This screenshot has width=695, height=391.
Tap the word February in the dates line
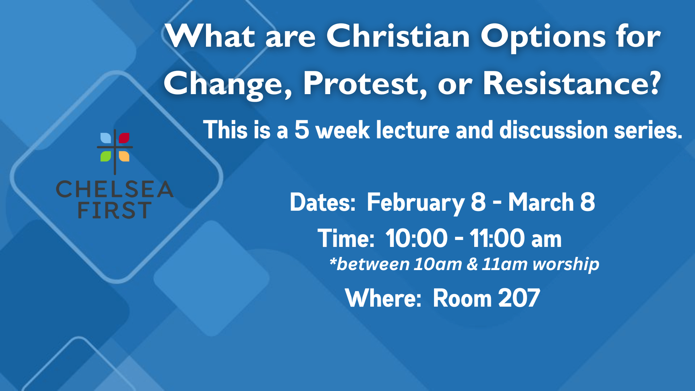tap(416, 203)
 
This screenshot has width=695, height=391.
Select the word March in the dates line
tap(541, 202)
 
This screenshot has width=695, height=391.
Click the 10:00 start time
tap(417, 238)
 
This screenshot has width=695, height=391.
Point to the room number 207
tap(519, 298)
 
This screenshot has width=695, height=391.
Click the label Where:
tap(383, 298)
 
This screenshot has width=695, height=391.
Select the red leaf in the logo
tap(124, 138)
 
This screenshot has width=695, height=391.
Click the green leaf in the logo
tap(106, 156)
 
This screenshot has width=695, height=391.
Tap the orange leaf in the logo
tap(124, 156)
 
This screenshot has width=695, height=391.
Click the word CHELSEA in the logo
tap(115, 189)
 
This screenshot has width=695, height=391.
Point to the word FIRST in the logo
tap(115, 210)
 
